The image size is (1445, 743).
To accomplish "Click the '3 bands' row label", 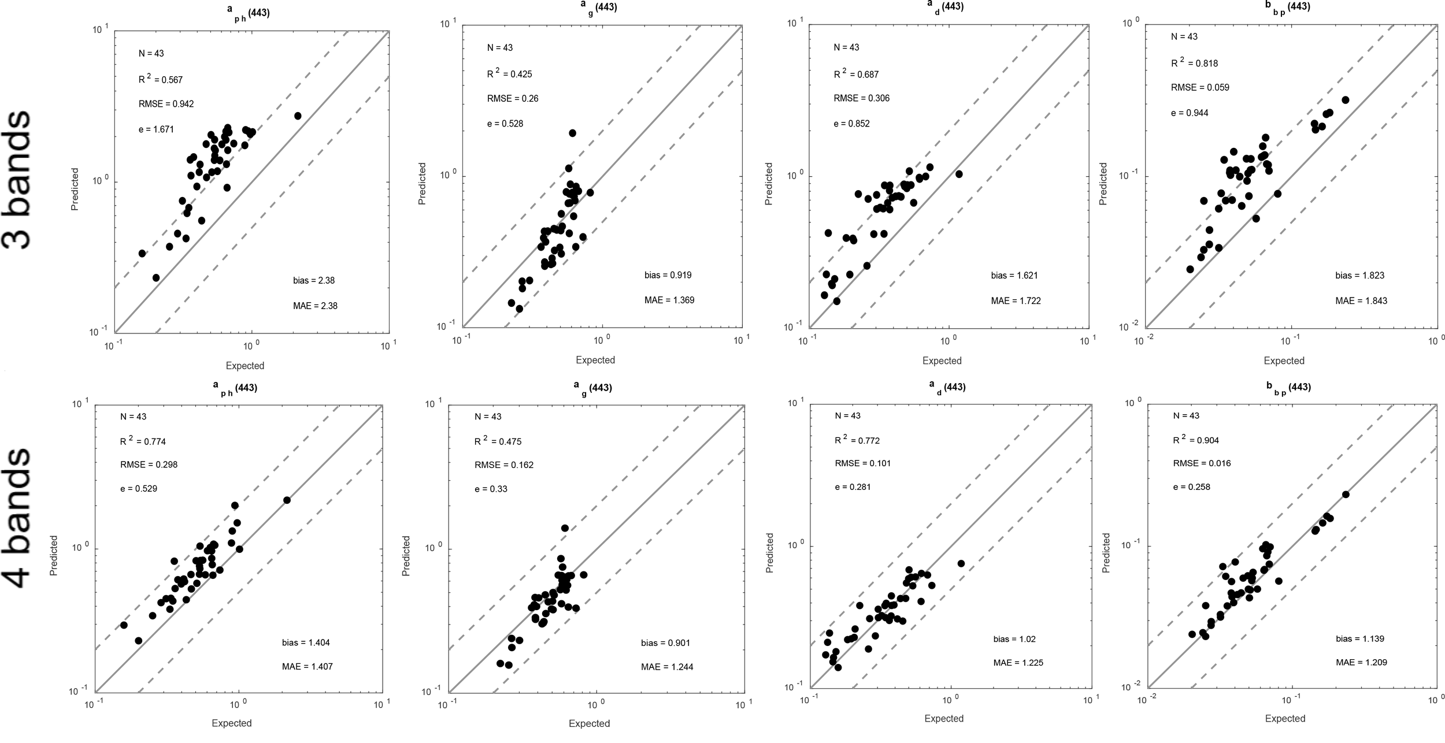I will pos(17,180).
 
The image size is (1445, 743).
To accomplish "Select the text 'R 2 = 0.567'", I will pos(160,79).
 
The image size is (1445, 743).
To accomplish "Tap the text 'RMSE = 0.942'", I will pos(166,104).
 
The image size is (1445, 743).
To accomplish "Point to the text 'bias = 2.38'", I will pos(314,281).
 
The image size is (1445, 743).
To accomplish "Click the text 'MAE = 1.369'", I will pos(669,300).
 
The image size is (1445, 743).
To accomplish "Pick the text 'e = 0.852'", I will pos(851,124).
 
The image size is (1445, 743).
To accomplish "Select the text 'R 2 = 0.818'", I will pos(1194,63).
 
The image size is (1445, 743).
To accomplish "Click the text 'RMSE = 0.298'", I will pos(149,465).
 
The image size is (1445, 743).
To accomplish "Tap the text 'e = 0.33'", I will pos(491,489).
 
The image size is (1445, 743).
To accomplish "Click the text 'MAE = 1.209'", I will pos(1361,662).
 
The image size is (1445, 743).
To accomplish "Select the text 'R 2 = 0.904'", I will pos(1195,440).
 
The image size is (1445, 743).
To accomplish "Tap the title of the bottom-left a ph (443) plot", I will pos(234,388).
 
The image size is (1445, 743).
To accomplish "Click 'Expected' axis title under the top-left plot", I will pos(244,366).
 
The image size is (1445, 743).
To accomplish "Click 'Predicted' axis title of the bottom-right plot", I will pos(1106,553).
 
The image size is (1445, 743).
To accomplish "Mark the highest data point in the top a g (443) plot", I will pos(572,133).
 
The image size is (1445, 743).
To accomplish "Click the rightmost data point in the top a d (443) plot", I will pos(959,174).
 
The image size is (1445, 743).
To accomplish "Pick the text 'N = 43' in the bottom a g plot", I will pos(488,417).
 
